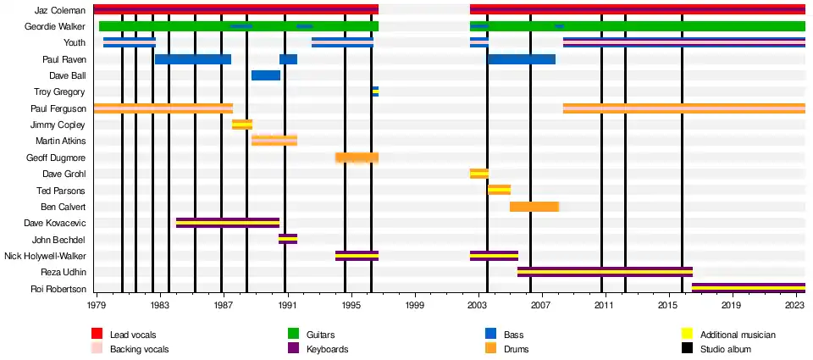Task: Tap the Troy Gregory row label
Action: click(x=60, y=91)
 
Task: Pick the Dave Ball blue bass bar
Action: click(x=265, y=75)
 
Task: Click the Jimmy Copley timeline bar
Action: click(x=242, y=125)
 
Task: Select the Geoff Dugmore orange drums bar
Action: click(x=357, y=158)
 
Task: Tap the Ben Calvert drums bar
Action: click(x=534, y=207)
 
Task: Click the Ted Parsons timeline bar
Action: click(x=499, y=190)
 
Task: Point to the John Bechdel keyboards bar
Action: click(x=288, y=239)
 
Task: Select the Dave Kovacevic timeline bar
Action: click(x=227, y=223)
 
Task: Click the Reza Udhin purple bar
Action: click(x=605, y=272)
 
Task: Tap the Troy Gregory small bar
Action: click(x=375, y=91)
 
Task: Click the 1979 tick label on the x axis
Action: click(x=97, y=304)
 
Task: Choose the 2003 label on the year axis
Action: click(x=478, y=304)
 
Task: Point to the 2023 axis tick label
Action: click(x=794, y=304)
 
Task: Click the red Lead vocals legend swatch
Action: click(x=97, y=335)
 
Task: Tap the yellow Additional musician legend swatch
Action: click(x=688, y=335)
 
